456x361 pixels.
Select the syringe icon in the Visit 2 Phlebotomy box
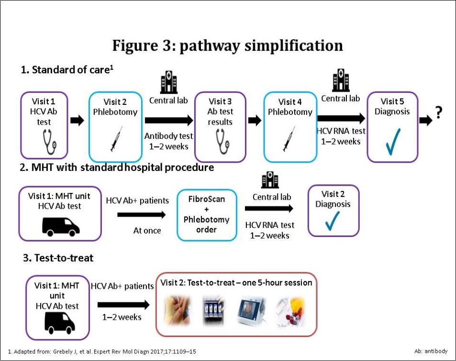coord(116,139)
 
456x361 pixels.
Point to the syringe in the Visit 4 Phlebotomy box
coord(289,139)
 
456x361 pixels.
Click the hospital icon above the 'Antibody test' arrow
coord(168,82)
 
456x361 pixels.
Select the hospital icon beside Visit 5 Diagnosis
coord(340,80)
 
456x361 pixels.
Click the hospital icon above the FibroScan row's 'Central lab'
coord(270,180)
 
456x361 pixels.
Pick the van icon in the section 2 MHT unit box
coord(60,226)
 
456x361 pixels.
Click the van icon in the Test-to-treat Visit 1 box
coord(59,324)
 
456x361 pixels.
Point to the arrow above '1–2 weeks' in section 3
coord(123,305)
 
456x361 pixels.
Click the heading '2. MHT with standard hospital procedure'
coord(117,168)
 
